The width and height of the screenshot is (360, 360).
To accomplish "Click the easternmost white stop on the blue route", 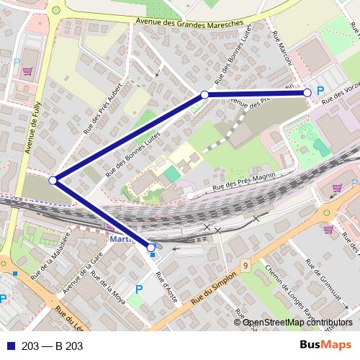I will coord(307,92).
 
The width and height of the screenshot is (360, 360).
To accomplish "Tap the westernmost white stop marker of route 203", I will coord(53,180).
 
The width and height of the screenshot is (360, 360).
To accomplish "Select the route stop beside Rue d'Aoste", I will coord(150,247).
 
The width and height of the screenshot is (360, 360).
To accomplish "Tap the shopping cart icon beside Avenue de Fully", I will coord(27,71).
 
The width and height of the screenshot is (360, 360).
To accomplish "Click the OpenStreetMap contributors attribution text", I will coord(298,323).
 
